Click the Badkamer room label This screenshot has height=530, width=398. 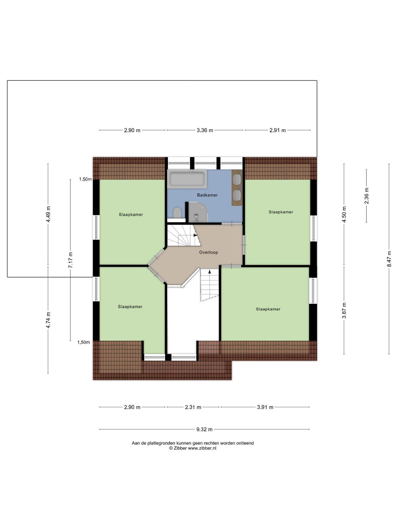tap(207, 195)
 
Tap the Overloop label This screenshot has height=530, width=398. tap(208, 252)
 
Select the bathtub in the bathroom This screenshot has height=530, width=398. tap(187, 179)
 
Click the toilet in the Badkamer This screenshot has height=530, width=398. tap(177, 212)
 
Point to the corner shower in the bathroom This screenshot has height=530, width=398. tap(198, 212)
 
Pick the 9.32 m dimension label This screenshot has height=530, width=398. tap(204, 430)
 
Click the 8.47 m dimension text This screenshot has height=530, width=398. tap(389, 259)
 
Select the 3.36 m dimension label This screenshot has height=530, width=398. tap(205, 130)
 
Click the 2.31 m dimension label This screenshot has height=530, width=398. tap(193, 407)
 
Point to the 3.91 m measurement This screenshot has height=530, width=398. tap(265, 407)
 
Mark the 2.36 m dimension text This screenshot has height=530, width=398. tap(366, 196)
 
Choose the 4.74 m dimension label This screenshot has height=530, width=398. tap(48, 320)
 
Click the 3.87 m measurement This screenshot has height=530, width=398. tap(344, 311)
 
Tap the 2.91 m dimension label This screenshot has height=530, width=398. tap(278, 130)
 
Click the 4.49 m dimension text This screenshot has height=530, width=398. tap(48, 214)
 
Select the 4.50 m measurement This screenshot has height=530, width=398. tap(344, 214)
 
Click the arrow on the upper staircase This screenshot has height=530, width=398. tap(195, 235)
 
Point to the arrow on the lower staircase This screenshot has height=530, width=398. tap(210, 271)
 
